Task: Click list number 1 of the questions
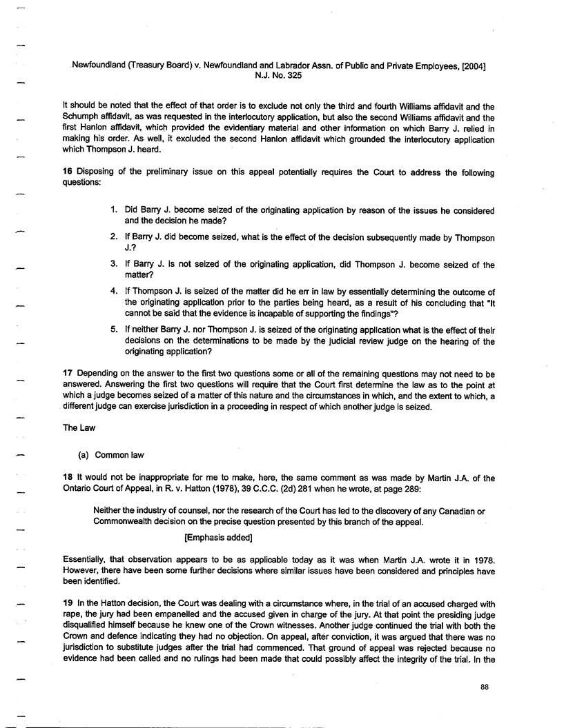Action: pos(114,210)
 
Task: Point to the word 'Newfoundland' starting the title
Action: pos(102,66)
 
